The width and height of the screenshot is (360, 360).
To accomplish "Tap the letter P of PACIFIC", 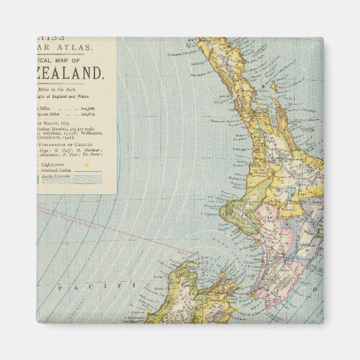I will coord(60,289).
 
